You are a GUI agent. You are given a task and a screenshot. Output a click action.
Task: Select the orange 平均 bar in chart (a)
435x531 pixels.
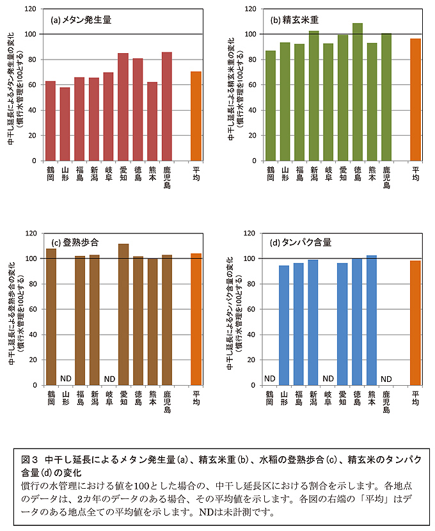tap(196, 116)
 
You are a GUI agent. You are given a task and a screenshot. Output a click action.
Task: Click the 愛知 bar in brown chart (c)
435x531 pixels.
tap(123, 314)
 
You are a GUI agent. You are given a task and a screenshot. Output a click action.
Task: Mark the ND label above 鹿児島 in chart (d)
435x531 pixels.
tap(386, 379)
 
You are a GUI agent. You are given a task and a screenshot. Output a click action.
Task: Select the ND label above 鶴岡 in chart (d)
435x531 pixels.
tap(270, 379)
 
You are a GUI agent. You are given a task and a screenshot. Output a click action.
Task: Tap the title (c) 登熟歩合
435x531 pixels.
tap(77, 243)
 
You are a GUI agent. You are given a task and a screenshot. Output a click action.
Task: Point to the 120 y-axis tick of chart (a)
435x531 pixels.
tap(31, 9)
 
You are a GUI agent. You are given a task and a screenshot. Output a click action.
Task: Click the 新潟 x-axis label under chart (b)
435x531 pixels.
tap(313, 175)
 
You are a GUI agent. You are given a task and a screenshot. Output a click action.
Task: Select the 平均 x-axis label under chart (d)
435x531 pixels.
tap(416, 399)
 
